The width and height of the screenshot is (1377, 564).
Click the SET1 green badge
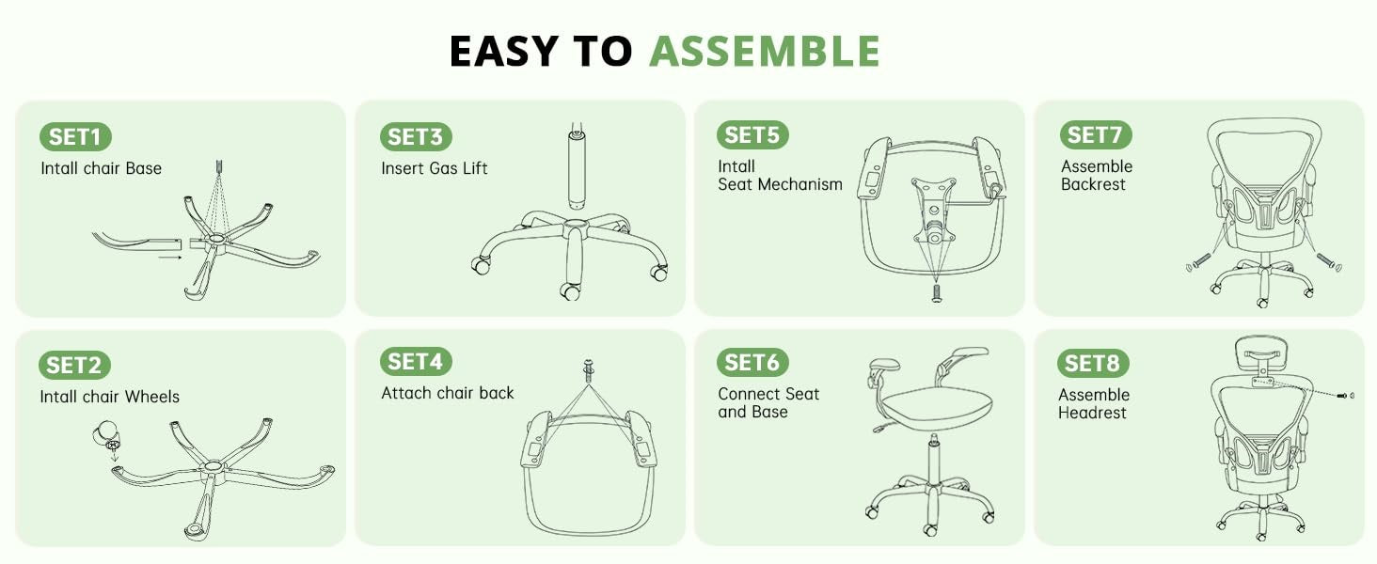pos(75,136)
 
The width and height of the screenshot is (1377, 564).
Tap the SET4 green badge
pos(416,361)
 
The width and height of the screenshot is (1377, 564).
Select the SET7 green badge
pos(1096,134)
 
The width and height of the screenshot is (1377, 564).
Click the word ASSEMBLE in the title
pos(765,51)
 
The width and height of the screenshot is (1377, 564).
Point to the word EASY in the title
pos(504,51)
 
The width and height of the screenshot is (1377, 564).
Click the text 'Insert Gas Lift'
pos(434,168)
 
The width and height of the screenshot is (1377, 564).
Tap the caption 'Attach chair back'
pos(448,393)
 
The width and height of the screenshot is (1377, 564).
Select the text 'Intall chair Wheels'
pos(109,397)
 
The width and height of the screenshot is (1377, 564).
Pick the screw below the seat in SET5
pos(936,293)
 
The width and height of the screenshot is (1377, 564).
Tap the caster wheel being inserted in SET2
pos(106,435)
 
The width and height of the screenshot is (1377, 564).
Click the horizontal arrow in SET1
pos(169,258)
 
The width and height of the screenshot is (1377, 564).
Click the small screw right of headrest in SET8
pos(1345,396)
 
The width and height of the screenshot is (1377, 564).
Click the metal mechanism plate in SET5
pos(934,209)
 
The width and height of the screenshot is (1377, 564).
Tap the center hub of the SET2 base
pos(212,466)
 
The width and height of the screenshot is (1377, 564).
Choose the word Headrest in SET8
pos(1092,413)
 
